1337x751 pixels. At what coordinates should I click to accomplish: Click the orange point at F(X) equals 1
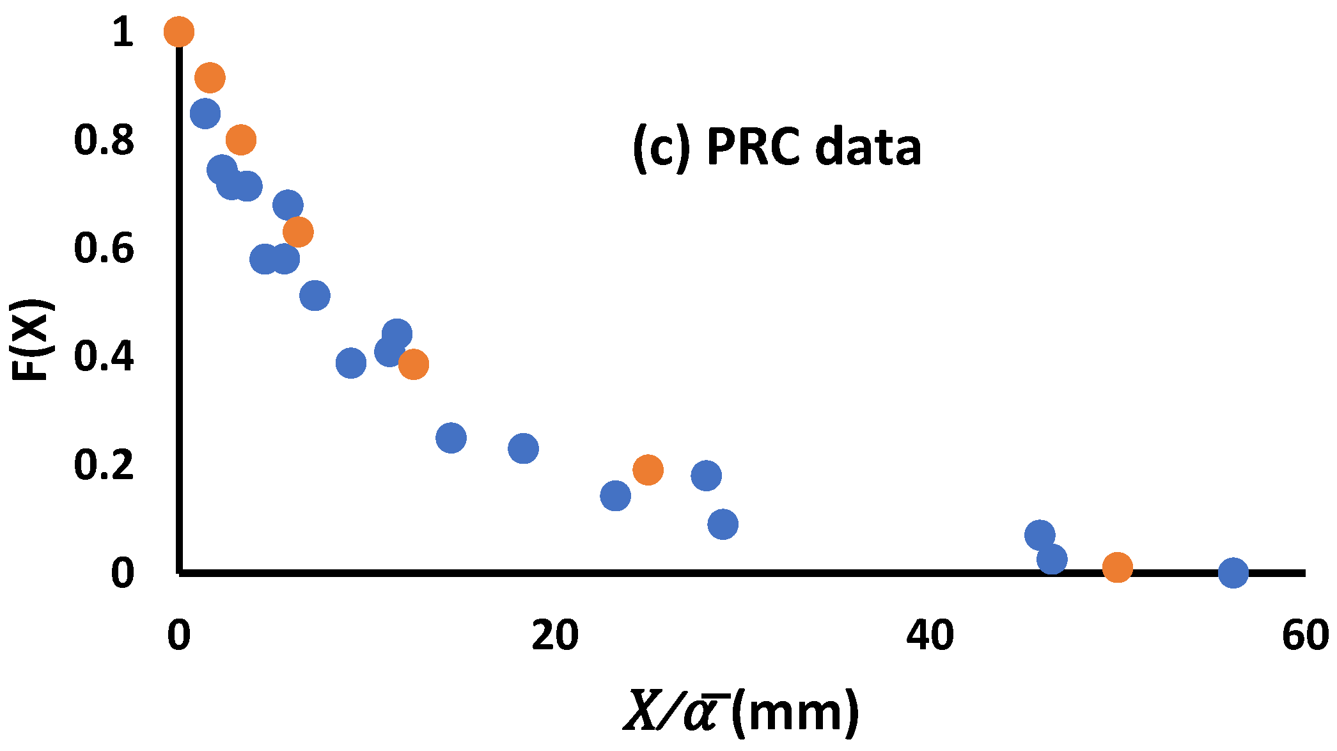[179, 31]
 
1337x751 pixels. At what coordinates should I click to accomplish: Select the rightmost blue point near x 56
[1233, 572]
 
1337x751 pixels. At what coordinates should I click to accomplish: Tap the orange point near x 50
[1117, 567]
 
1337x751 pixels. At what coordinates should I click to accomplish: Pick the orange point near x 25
[648, 470]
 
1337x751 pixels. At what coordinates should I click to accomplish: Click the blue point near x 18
[524, 448]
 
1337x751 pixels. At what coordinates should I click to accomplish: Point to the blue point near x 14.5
[451, 438]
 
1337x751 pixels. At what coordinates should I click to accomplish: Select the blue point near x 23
[616, 495]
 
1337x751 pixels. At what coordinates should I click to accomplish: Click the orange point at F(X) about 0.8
[241, 139]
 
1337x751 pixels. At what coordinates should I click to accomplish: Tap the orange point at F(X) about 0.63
[298, 232]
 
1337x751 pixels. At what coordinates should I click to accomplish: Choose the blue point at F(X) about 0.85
[205, 114]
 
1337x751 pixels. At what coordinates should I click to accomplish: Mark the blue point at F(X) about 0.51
[315, 296]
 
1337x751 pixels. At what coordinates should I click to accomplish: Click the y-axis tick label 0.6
[104, 249]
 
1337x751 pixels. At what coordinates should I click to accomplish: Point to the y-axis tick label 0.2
[104, 465]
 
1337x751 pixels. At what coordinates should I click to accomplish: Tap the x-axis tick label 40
[930, 636]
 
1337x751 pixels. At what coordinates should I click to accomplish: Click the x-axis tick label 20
[554, 636]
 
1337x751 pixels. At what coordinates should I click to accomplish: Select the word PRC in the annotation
[753, 147]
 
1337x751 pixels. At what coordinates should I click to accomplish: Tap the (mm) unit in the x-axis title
[795, 711]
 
